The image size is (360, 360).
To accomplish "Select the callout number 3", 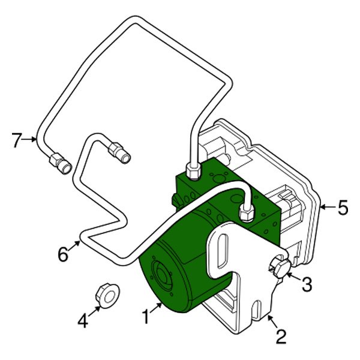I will pyautogui.click(x=307, y=284).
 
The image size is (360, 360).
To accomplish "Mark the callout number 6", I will pyautogui.click(x=63, y=255).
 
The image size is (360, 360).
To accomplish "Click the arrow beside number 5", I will pyautogui.click(x=327, y=208).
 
